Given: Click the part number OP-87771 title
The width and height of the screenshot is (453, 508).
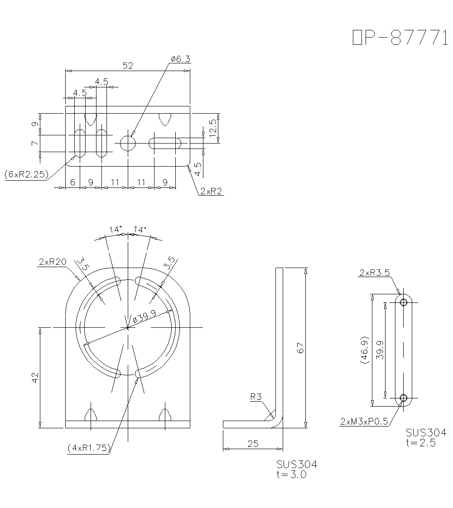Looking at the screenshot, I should click(x=397, y=38).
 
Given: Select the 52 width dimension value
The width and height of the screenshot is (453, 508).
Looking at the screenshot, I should click(x=128, y=66).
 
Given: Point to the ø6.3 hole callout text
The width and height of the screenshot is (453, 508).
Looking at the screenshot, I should click(x=180, y=59).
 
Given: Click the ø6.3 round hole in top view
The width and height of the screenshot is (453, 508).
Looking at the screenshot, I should click(x=128, y=144).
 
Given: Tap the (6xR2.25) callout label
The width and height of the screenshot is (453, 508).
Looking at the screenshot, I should click(x=26, y=174).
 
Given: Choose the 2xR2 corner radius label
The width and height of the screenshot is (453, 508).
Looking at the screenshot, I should click(x=211, y=192).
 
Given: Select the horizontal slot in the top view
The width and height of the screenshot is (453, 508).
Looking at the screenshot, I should click(x=165, y=144).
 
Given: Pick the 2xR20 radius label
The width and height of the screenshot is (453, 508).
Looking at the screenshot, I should click(x=53, y=262).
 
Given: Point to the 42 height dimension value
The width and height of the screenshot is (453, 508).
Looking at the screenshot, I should click(x=35, y=377).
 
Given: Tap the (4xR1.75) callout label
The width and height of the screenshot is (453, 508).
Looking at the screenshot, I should click(x=89, y=448).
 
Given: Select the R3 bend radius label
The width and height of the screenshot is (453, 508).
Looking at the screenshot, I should click(x=256, y=397).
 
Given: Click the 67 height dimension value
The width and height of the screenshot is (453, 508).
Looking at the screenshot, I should click(x=300, y=347).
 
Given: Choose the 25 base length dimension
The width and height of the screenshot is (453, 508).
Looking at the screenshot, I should click(x=253, y=444).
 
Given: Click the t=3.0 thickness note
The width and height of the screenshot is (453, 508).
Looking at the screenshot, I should click(x=291, y=474).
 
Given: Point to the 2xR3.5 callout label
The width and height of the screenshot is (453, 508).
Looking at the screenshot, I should click(x=374, y=273).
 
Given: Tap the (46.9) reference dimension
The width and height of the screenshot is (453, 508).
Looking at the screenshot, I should click(x=365, y=350).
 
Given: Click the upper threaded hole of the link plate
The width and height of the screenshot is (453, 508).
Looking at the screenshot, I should click(x=403, y=302).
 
